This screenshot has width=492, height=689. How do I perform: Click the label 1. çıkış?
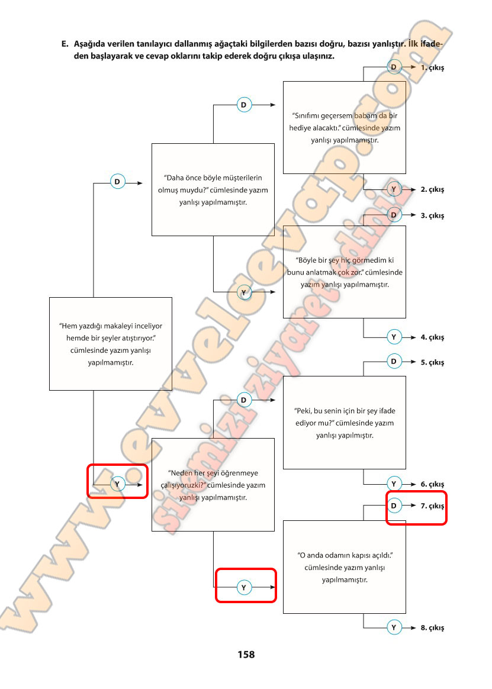(432, 68)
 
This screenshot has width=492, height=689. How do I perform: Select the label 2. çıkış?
(432, 190)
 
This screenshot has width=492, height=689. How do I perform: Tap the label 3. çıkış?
(432, 215)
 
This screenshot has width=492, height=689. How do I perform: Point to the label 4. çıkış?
(432, 337)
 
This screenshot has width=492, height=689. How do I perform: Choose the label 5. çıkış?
(432, 362)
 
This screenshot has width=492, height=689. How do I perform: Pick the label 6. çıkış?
(432, 484)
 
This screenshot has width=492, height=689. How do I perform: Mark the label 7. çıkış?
(432, 506)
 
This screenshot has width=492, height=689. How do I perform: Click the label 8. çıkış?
(432, 628)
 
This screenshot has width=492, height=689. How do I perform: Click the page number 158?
(246, 655)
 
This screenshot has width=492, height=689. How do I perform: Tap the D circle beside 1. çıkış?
(394, 68)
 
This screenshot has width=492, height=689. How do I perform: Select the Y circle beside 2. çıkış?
(394, 189)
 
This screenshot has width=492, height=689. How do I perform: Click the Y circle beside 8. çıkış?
(394, 627)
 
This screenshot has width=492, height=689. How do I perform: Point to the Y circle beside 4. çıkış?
(394, 337)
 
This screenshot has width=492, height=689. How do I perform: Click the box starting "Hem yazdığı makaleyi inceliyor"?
(110, 344)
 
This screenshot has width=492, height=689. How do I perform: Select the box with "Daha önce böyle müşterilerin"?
(213, 189)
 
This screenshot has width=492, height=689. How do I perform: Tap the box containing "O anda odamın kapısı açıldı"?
(345, 567)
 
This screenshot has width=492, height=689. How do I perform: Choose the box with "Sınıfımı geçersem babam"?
(345, 128)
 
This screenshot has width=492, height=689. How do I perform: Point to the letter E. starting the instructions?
(65, 44)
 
